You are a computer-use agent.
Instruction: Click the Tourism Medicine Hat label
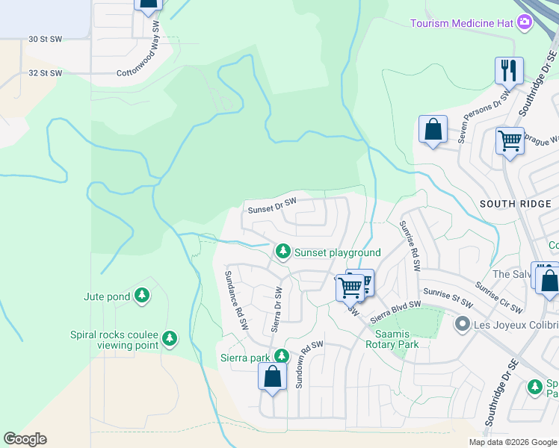tap(463, 23)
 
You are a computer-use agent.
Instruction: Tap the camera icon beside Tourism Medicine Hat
tap(525, 22)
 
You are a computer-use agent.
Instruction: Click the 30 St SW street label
tap(45, 39)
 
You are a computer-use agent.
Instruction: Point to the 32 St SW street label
tap(45, 73)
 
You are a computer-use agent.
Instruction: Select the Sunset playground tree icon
tap(282, 252)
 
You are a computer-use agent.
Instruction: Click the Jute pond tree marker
tap(142, 296)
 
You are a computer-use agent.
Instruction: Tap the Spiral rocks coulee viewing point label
tap(114, 340)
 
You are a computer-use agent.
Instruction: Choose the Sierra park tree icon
tap(281, 357)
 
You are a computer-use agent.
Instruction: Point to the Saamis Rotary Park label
tap(392, 339)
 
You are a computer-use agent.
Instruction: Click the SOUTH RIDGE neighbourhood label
tap(515, 204)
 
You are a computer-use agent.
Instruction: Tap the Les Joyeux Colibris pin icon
tap(462, 324)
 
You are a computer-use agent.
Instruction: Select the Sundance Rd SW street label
tap(236, 300)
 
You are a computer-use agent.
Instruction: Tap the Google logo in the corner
tap(25, 439)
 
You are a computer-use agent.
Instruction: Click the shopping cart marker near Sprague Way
tap(510, 140)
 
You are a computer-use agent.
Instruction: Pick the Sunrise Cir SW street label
tap(498, 299)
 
